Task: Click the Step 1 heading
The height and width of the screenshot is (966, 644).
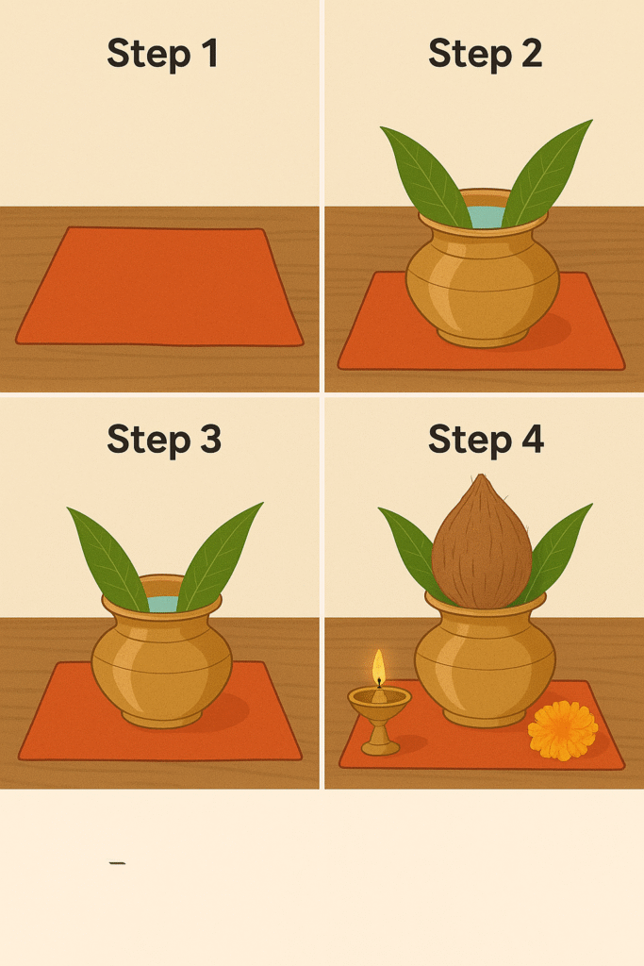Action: [162, 53]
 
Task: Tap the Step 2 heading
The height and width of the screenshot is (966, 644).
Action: [486, 53]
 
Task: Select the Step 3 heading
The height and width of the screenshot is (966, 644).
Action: [164, 440]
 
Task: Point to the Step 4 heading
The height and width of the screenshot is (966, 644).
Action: [486, 440]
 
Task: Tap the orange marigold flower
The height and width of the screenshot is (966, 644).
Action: [563, 731]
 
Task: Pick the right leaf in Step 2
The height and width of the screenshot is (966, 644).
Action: [546, 173]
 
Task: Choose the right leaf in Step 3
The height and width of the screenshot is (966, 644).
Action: [219, 557]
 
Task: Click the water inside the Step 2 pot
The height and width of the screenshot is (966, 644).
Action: [487, 217]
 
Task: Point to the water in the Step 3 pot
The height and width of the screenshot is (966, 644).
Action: [163, 604]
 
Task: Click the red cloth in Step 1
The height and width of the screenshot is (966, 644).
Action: [159, 286]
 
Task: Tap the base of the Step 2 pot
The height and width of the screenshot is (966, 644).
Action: [484, 337]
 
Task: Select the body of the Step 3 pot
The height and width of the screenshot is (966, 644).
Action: [161, 665]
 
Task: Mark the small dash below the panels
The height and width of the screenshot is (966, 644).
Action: [117, 863]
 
